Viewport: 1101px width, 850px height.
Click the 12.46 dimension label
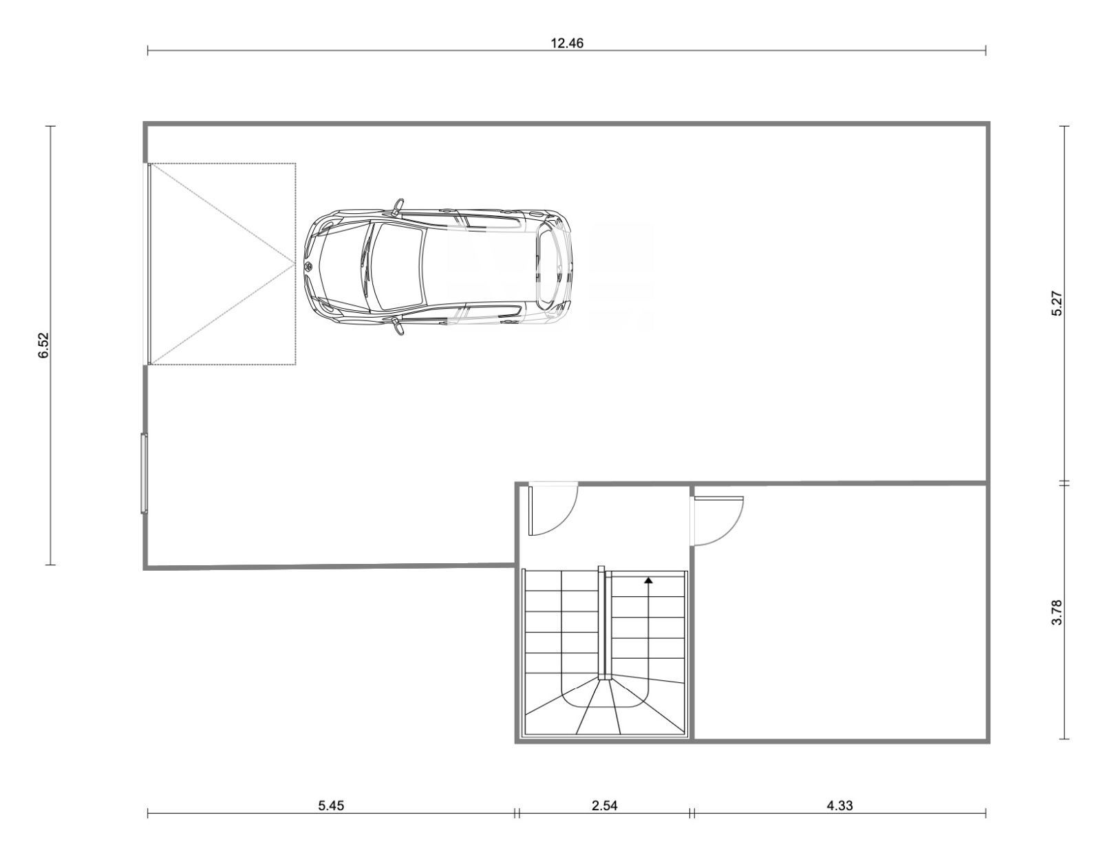pyautogui.click(x=567, y=43)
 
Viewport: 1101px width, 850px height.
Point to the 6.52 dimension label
pyautogui.click(x=44, y=345)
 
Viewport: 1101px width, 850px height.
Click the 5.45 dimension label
pyautogui.click(x=331, y=805)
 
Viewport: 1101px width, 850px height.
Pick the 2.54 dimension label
pyautogui.click(x=604, y=805)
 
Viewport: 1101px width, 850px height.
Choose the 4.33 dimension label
pyautogui.click(x=840, y=805)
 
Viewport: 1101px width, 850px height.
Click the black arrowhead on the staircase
pyautogui.click(x=648, y=580)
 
